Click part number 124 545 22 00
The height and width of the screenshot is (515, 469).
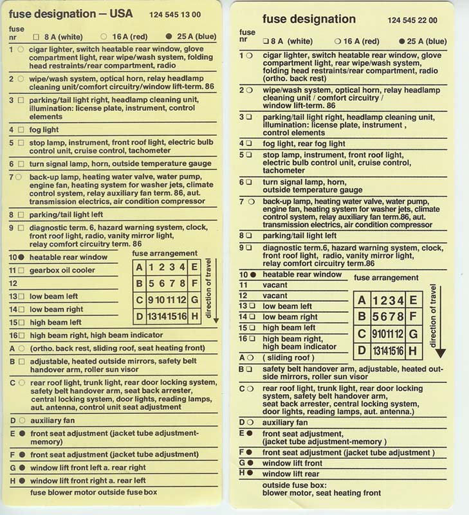pyautogui.click(x=412, y=20)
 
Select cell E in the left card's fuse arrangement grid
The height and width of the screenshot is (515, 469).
pyautogui.click(x=195, y=267)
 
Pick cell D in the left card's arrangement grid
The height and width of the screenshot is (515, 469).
pyautogui.click(x=140, y=316)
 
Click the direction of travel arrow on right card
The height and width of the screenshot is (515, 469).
pyautogui.click(x=439, y=322)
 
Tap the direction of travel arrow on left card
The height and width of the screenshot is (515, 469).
pyautogui.click(x=216, y=290)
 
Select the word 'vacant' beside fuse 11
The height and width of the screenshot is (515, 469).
pyautogui.click(x=275, y=285)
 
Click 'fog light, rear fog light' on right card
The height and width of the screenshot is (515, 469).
pyautogui.click(x=304, y=143)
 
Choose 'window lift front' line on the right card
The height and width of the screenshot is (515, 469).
pyautogui.click(x=293, y=462)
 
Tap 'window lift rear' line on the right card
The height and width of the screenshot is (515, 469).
pyautogui.click(x=290, y=473)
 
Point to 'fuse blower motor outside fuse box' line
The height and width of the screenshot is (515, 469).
pyautogui.click(x=93, y=492)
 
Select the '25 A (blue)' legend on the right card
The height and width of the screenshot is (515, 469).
pyautogui.click(x=422, y=41)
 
